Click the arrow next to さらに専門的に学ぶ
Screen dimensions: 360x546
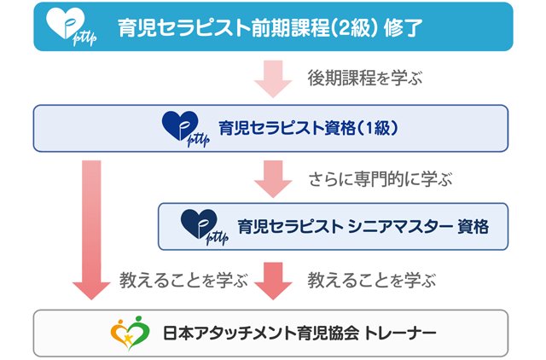[272, 177]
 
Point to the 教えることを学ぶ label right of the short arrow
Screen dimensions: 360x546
[371, 279]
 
